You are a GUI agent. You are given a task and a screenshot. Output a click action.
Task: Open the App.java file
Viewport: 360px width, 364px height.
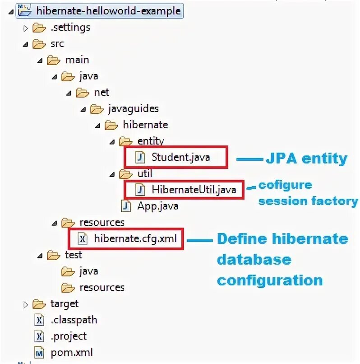tap(157, 206)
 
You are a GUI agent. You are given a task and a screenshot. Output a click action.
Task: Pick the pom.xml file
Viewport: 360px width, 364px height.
tap(72, 352)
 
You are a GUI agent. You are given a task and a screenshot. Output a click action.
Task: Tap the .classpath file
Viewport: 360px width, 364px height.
tap(74, 320)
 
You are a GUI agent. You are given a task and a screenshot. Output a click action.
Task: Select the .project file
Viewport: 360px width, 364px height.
tap(69, 336)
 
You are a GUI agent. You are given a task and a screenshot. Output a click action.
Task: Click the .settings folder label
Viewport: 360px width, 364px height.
tap(70, 28)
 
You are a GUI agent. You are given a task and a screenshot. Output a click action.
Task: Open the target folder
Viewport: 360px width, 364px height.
tap(64, 304)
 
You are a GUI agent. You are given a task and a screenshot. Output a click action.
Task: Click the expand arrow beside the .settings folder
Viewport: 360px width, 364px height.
tap(25, 28)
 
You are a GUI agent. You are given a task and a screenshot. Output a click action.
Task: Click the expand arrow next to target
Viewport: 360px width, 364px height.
tap(25, 304)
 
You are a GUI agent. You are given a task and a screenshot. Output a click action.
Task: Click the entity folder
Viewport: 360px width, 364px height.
tap(150, 141)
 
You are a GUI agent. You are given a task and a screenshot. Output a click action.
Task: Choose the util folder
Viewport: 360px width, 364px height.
tap(144, 174)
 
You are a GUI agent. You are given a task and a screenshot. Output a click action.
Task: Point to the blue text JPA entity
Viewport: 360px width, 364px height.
tap(306, 159)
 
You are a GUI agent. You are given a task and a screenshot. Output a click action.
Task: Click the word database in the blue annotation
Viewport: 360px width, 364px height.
tap(254, 260)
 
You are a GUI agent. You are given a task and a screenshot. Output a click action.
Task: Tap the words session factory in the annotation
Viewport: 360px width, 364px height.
tap(308, 201)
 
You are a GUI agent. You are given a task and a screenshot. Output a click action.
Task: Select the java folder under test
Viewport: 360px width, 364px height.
tap(88, 271)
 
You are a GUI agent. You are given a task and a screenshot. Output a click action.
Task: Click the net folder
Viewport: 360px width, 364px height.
tap(102, 93)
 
